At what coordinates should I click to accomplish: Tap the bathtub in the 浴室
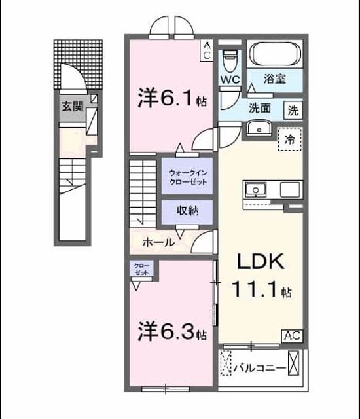tap(275, 53)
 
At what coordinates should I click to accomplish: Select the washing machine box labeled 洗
tap(293, 110)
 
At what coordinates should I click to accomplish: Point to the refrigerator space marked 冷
tap(290, 139)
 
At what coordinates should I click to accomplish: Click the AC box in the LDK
tap(293, 336)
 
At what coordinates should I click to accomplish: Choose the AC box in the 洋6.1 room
tap(207, 50)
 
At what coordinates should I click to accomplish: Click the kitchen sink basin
tap(255, 190)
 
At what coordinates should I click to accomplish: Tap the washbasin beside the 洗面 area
tap(259, 128)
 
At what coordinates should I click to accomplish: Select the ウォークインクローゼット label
tap(188, 177)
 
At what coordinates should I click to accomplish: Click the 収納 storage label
tap(188, 211)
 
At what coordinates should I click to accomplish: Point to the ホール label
tap(158, 243)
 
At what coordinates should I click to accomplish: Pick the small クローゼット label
tap(141, 269)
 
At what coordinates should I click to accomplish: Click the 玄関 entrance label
tap(73, 106)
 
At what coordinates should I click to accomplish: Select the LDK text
tap(261, 262)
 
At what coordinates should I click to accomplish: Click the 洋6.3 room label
tap(172, 331)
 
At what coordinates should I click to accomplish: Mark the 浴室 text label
tap(275, 79)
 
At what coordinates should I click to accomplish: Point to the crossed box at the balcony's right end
tap(293, 363)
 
